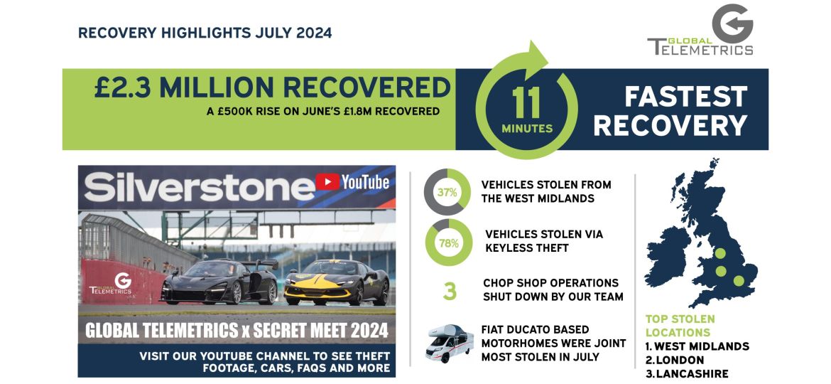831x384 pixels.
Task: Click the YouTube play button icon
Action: [x=327, y=183]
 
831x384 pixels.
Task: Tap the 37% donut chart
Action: [x=447, y=192]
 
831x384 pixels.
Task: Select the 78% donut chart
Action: [x=447, y=242]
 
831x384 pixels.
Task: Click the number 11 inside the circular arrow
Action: [x=526, y=105]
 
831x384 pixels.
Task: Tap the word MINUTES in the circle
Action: [x=527, y=129]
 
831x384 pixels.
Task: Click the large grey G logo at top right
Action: [x=732, y=24]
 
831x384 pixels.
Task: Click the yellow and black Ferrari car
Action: [x=337, y=284]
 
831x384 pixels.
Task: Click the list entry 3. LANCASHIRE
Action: [x=687, y=374]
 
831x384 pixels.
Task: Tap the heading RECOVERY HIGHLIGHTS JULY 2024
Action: [x=205, y=33]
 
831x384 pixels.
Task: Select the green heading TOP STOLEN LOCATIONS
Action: [x=680, y=326]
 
